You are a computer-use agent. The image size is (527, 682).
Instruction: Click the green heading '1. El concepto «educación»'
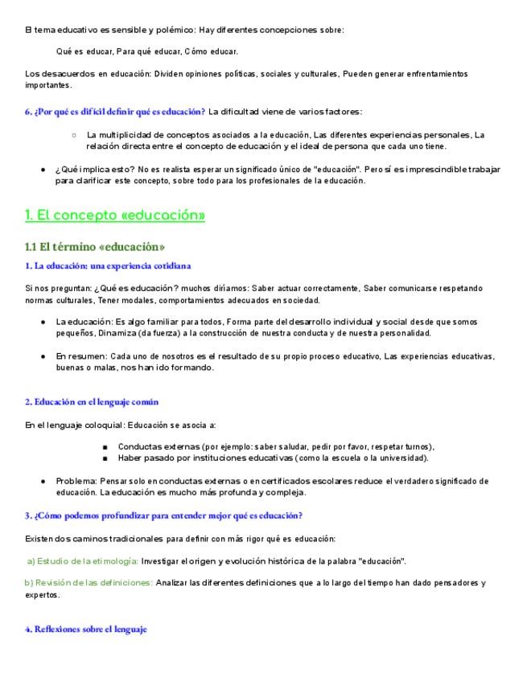coord(115,216)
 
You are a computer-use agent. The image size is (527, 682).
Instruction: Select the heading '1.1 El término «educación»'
coord(95,246)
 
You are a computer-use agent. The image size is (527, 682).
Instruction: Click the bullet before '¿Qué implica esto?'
coord(42,170)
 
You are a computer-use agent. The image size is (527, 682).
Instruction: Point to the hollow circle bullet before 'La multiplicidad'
coord(74,135)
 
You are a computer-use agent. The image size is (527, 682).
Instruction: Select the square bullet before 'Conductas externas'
coord(105,447)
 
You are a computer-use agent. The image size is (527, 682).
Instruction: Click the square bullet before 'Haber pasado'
coord(105,458)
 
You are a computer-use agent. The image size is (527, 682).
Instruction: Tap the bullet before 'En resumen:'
coord(42,356)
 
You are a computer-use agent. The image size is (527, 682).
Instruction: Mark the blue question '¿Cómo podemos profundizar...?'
coord(163,516)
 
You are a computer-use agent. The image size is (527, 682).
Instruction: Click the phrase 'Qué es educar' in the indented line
coord(83,51)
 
